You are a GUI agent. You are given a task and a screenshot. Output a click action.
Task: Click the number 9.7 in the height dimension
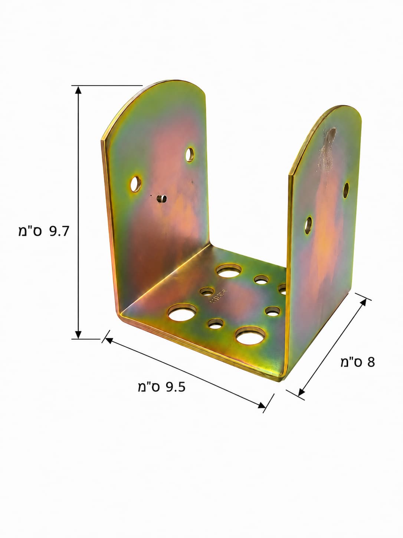coord(59,231)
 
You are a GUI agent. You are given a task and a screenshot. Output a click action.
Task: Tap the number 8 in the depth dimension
coord(371,362)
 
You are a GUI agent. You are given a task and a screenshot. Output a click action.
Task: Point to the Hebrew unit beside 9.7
coord(30,231)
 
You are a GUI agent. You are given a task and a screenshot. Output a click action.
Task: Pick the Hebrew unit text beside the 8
coord(352,362)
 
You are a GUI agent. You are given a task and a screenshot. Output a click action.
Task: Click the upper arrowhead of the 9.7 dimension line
coord(78,90)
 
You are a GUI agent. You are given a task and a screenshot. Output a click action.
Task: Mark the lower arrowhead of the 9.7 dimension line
coord(78,335)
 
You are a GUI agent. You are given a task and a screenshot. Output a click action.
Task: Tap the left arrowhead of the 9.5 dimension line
coord(109,340)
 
